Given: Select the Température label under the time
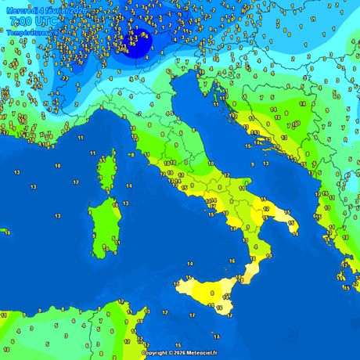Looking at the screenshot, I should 24,32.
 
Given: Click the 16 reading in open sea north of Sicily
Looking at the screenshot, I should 232,261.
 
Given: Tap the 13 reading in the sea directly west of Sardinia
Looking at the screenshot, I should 34,187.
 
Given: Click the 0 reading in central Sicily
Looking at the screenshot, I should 212,293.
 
